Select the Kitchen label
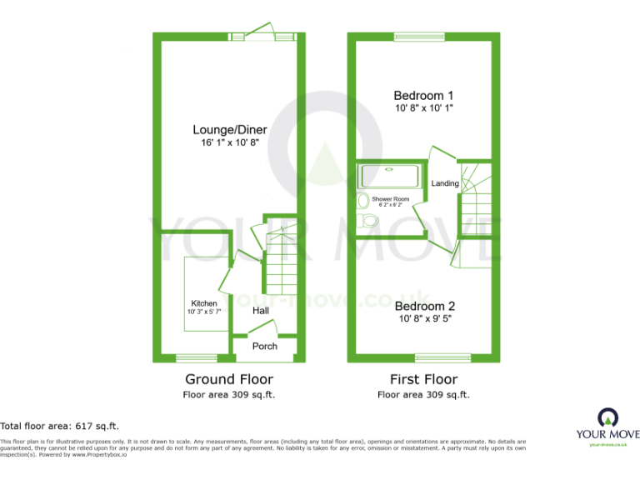pyautogui.click(x=204, y=303)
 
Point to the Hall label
pyautogui.click(x=261, y=311)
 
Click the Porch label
pyautogui.click(x=265, y=346)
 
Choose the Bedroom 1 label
pyautogui.click(x=423, y=95)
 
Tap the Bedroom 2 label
pyautogui.click(x=424, y=305)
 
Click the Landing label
pyautogui.click(x=444, y=183)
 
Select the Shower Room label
pyautogui.click(x=390, y=199)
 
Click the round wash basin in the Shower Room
pyautogui.click(x=363, y=202)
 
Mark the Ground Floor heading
pyautogui.click(x=228, y=380)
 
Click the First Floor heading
pyautogui.click(x=423, y=380)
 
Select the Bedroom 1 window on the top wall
pyautogui.click(x=419, y=36)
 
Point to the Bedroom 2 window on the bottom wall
pyautogui.click(x=442, y=358)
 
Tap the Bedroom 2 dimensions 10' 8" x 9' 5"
pyautogui.click(x=425, y=318)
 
